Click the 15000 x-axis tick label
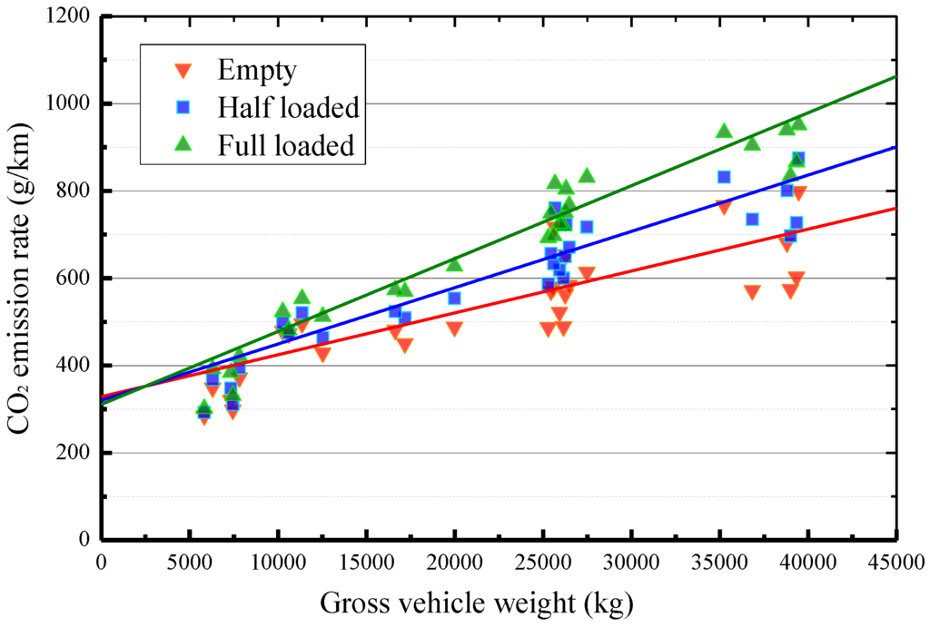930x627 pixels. point(366,563)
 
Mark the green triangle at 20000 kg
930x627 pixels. point(454,264)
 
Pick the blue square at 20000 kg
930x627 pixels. point(454,298)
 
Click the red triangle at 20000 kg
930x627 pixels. point(454,328)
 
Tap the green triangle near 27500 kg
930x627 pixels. point(587,175)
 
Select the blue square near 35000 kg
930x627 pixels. point(724,177)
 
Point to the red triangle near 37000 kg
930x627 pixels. point(752,292)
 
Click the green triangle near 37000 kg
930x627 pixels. point(752,143)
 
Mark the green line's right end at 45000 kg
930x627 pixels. point(895,76)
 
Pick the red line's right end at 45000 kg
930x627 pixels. point(895,208)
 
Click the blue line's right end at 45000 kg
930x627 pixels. point(895,147)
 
